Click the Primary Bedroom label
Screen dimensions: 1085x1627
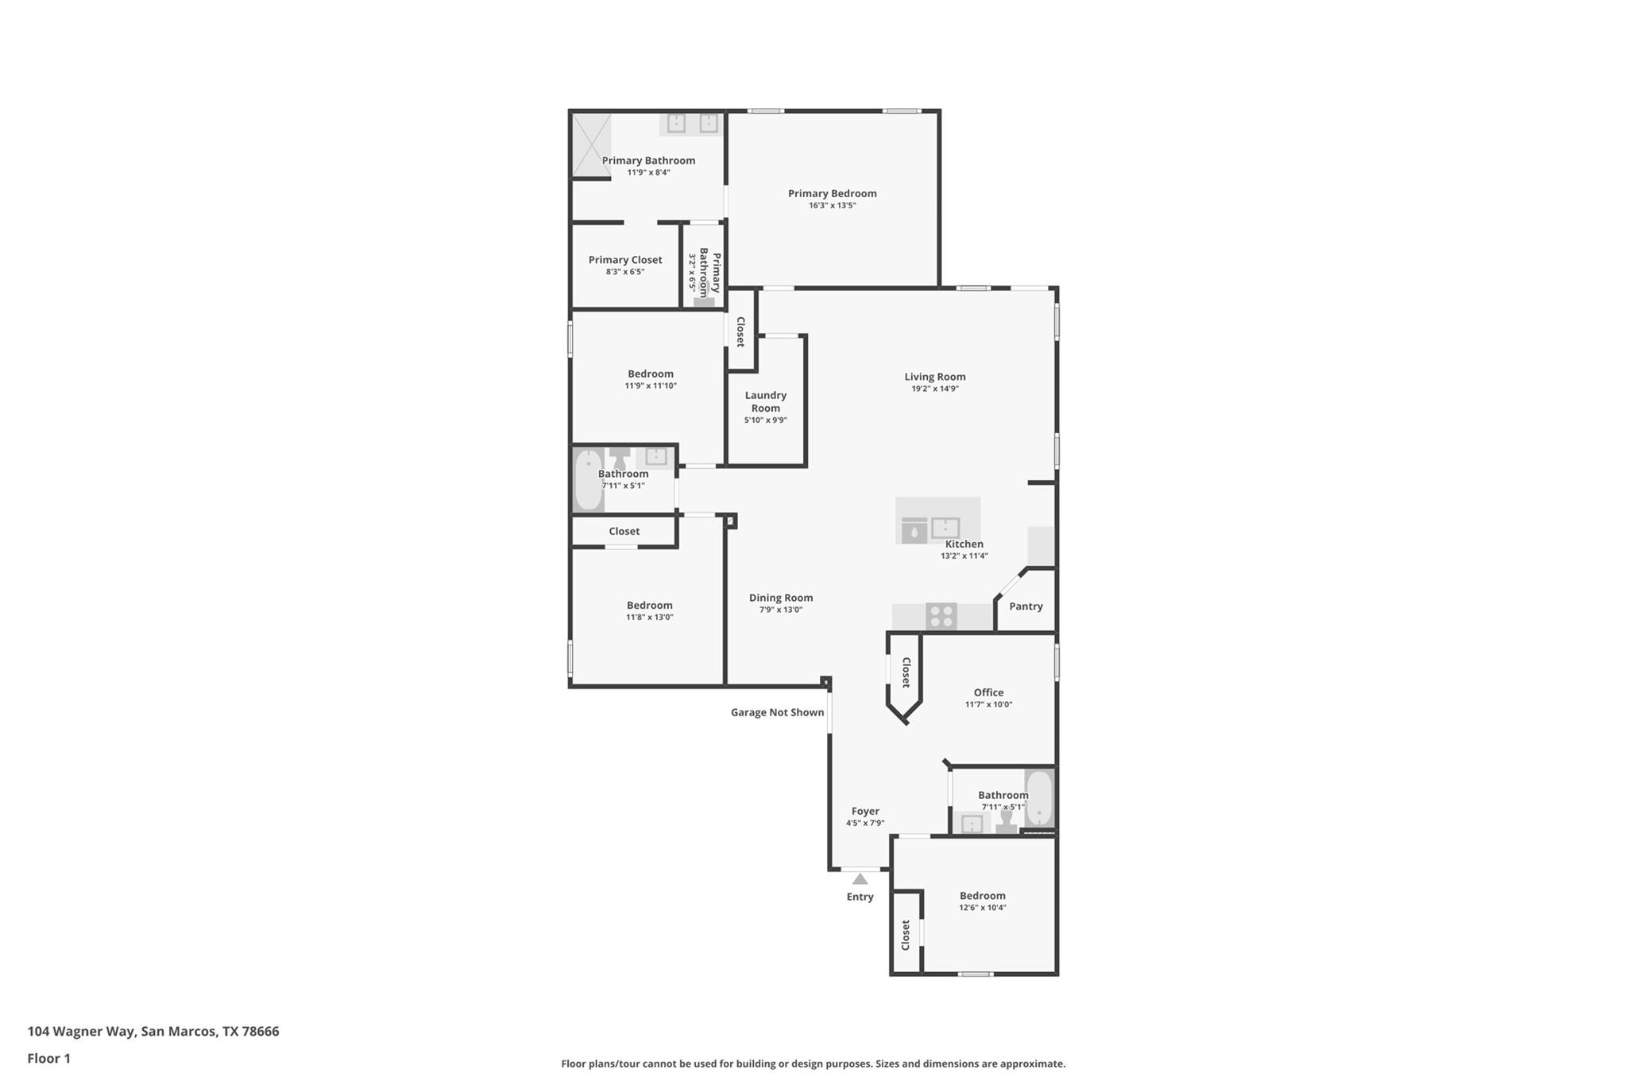click(x=832, y=193)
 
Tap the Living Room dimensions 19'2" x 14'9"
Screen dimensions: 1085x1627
click(x=934, y=389)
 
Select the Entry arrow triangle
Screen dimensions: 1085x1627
click(x=860, y=879)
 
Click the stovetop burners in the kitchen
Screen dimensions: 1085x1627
click(x=941, y=616)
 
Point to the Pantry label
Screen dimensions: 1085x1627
click(x=1026, y=606)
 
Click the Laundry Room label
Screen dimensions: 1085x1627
click(x=765, y=401)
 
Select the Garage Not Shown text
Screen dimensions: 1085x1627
click(x=777, y=712)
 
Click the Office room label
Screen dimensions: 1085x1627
click(x=988, y=692)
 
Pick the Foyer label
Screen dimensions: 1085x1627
click(x=865, y=812)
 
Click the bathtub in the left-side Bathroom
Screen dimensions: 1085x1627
click(x=588, y=479)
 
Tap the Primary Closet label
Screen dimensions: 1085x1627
click(x=624, y=260)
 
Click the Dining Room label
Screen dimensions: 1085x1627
click(x=780, y=598)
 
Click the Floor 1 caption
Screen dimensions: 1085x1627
click(x=48, y=1058)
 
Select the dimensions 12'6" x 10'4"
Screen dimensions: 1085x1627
click(x=983, y=908)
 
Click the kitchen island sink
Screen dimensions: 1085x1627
click(x=945, y=528)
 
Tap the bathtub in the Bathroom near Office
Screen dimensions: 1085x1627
click(x=1038, y=798)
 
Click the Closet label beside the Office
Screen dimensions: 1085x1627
click(x=906, y=672)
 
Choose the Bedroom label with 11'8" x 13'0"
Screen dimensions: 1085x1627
click(x=649, y=605)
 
